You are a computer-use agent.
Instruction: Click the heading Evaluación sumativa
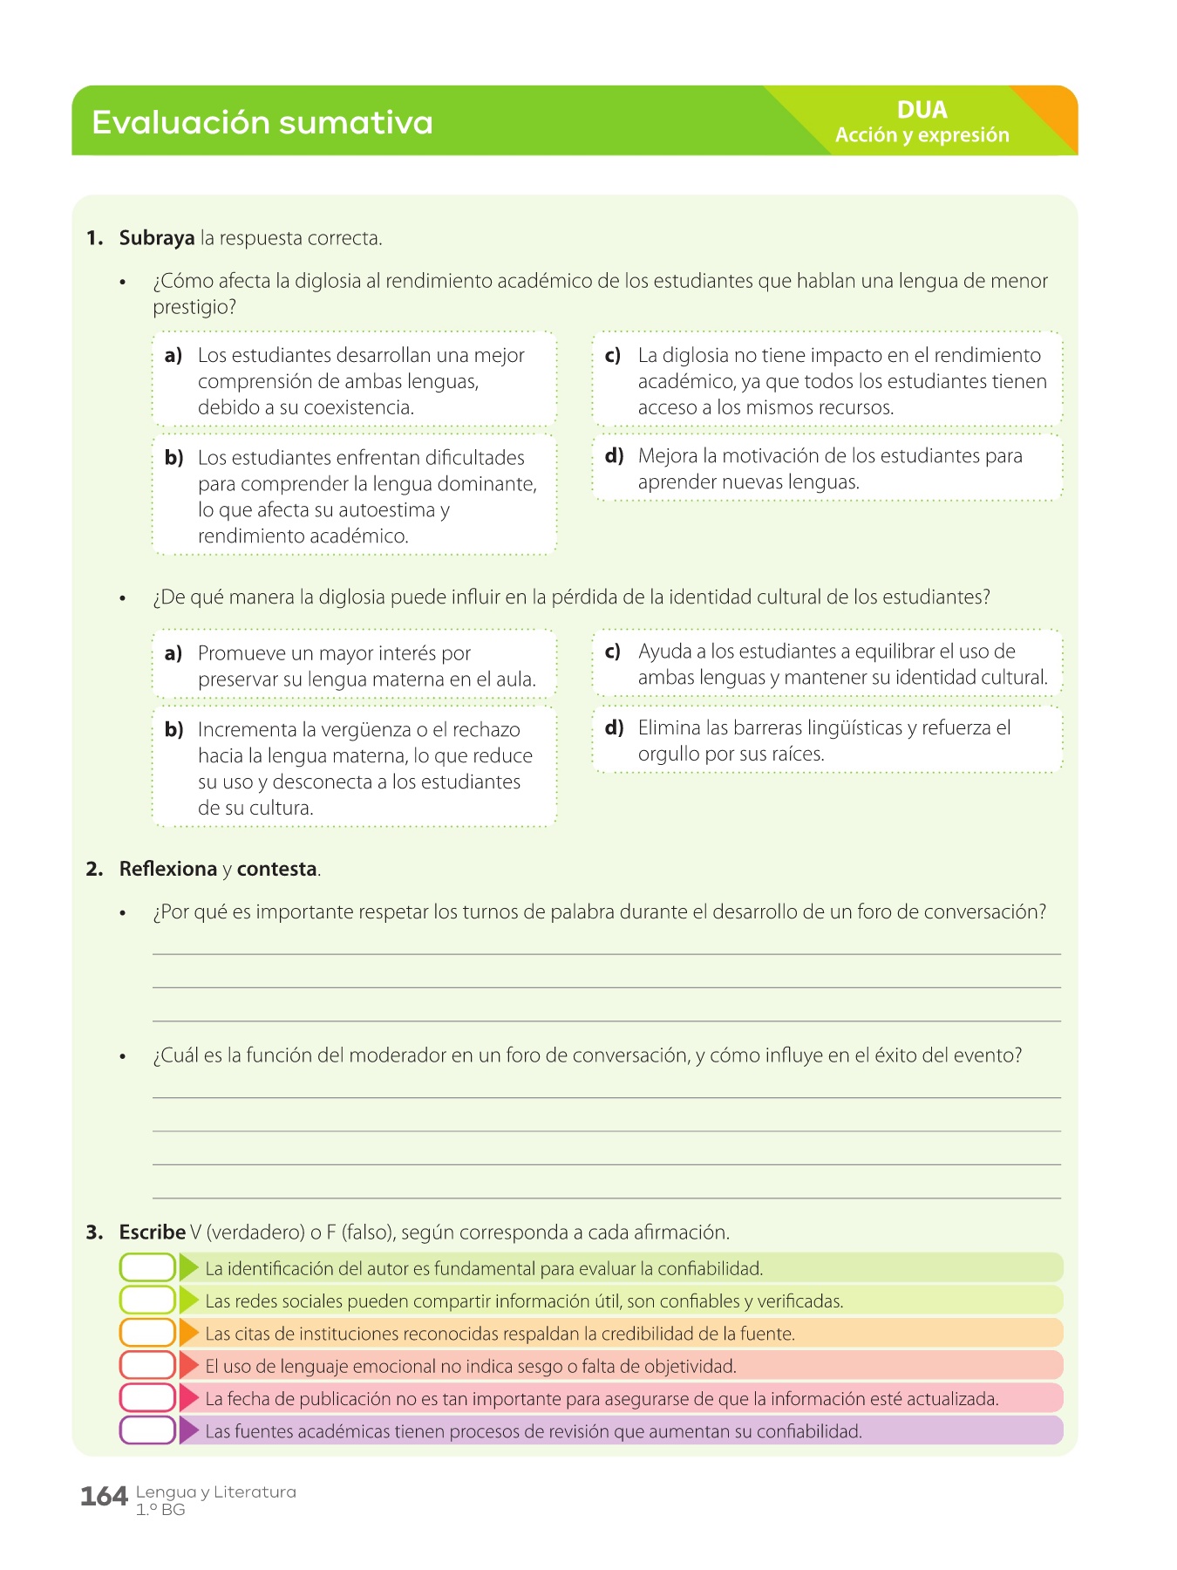pyautogui.click(x=262, y=123)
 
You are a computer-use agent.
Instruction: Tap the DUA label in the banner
pyautogui.click(x=922, y=110)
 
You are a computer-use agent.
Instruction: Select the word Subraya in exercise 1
pyautogui.click(x=157, y=238)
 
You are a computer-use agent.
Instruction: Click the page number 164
pyautogui.click(x=104, y=1497)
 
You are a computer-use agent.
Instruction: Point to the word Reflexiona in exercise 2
pyautogui.click(x=168, y=869)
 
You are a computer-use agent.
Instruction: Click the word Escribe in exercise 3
pyautogui.click(x=153, y=1232)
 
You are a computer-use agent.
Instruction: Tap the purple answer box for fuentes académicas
pyautogui.click(x=147, y=1431)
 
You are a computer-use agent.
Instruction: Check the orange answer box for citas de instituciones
pyautogui.click(x=147, y=1334)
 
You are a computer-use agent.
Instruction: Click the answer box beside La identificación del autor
pyautogui.click(x=147, y=1268)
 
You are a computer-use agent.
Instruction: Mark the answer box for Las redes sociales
pyautogui.click(x=147, y=1300)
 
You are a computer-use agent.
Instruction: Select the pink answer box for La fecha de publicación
pyautogui.click(x=147, y=1399)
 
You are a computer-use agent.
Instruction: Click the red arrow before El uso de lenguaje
pyautogui.click(x=189, y=1366)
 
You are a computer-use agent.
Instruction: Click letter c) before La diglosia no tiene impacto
pyautogui.click(x=613, y=355)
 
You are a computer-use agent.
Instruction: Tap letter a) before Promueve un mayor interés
pyautogui.click(x=173, y=653)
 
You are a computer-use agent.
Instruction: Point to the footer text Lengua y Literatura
pyautogui.click(x=215, y=1492)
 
